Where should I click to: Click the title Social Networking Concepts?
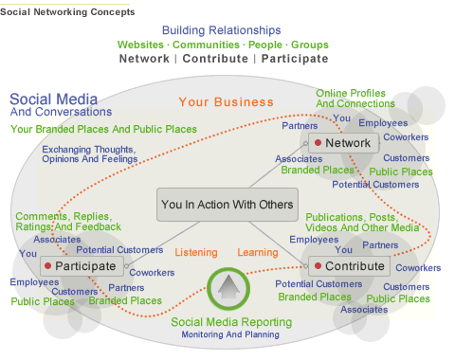pos(67,11)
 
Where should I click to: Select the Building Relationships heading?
pos(222,30)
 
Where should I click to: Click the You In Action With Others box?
pos(227,204)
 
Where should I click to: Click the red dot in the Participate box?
pos(47,266)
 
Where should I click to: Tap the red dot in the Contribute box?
pos(318,266)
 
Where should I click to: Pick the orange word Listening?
pos(197,252)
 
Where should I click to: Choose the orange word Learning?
pos(258,252)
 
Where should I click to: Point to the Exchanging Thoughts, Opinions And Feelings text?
pos(88,155)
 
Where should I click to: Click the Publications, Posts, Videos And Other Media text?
pos(362,223)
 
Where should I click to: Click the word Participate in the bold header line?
pos(295,59)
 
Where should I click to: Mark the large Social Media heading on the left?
pos(49,99)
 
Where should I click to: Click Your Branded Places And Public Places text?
pos(104,129)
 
